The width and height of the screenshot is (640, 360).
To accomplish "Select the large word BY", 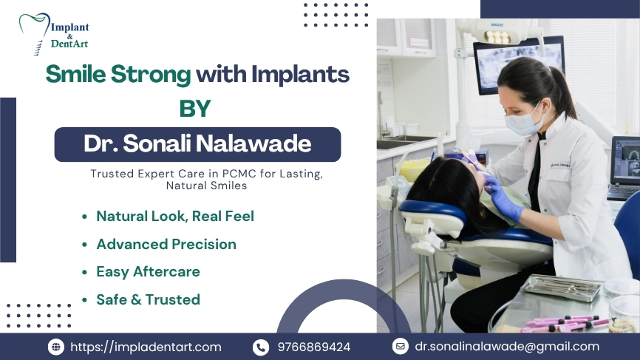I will point(195,109).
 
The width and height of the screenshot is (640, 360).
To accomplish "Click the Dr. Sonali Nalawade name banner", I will point(197,143).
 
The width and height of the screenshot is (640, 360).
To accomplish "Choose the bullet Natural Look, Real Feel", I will point(175,216).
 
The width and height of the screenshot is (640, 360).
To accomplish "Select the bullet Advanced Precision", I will point(166,244).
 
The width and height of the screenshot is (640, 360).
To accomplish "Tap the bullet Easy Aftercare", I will point(148,271).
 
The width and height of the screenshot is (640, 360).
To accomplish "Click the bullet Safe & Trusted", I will point(148,299).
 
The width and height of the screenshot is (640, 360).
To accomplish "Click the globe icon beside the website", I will point(56,347).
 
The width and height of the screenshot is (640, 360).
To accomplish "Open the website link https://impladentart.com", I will point(146,347).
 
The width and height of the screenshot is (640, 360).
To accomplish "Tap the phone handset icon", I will point(260,347).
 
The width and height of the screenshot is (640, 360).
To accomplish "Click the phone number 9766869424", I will point(314,347).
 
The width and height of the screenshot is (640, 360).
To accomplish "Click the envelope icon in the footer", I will point(400,346).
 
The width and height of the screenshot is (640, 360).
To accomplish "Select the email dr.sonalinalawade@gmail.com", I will point(507,346).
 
